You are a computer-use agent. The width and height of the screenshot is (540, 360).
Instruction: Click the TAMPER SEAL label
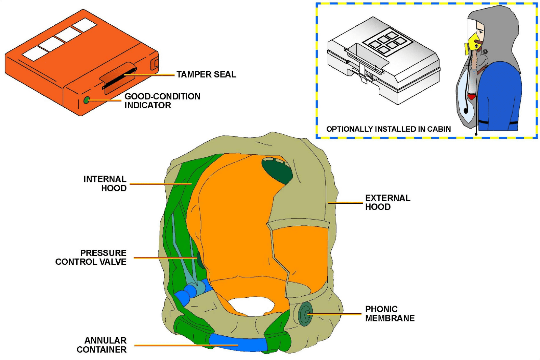tap(206, 74)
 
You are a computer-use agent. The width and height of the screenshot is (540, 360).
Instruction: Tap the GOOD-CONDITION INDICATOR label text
tap(162, 101)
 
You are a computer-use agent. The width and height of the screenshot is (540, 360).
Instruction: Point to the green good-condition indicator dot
tap(87, 100)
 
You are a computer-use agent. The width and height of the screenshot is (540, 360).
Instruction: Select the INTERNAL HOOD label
tap(105, 184)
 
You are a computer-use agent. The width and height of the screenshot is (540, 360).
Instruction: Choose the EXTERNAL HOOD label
tap(388, 202)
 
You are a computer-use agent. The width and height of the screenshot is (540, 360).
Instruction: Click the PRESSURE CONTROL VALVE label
tap(91, 257)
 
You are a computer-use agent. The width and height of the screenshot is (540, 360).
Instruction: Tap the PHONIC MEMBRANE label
tap(390, 314)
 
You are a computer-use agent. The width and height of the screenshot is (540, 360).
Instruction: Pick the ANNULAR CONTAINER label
tap(101, 345)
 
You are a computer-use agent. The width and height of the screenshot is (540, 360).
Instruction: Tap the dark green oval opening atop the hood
tap(277, 171)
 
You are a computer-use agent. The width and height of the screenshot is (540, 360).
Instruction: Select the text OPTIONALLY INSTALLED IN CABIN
tap(388, 129)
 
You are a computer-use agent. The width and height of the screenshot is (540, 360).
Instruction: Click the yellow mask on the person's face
tap(474, 42)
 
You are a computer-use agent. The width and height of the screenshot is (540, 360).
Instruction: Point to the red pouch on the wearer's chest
tap(472, 97)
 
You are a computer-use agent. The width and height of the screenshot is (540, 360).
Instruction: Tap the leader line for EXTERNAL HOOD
tap(345, 203)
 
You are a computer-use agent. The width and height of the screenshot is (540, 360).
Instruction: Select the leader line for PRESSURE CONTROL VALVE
tap(166, 258)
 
